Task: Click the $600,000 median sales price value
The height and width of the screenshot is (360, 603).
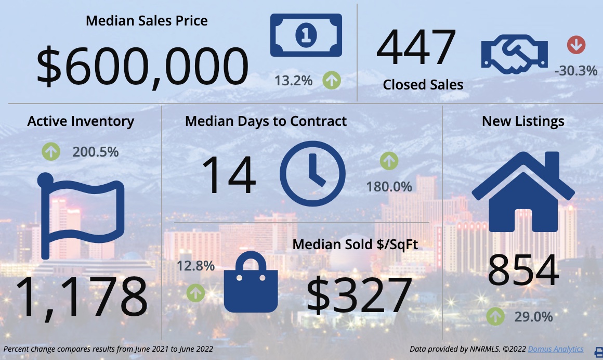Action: [x=142, y=67]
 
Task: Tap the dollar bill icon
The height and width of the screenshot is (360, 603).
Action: [x=306, y=35]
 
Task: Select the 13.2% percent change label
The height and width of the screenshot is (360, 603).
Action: [x=294, y=81]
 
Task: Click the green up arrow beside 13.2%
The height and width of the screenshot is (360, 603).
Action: [x=332, y=81]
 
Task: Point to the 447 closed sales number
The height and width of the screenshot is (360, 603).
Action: [x=416, y=48]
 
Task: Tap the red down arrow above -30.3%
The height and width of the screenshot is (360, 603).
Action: [x=576, y=45]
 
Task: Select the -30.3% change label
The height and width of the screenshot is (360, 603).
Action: [x=575, y=70]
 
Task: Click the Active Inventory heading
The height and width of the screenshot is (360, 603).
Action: [x=81, y=121]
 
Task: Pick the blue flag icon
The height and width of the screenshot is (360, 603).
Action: [x=81, y=216]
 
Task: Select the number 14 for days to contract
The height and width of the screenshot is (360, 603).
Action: [x=228, y=175]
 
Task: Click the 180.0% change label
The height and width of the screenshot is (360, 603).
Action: [x=389, y=186]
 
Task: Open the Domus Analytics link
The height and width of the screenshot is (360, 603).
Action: [x=555, y=349]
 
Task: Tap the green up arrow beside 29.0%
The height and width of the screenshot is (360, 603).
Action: [x=495, y=316]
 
